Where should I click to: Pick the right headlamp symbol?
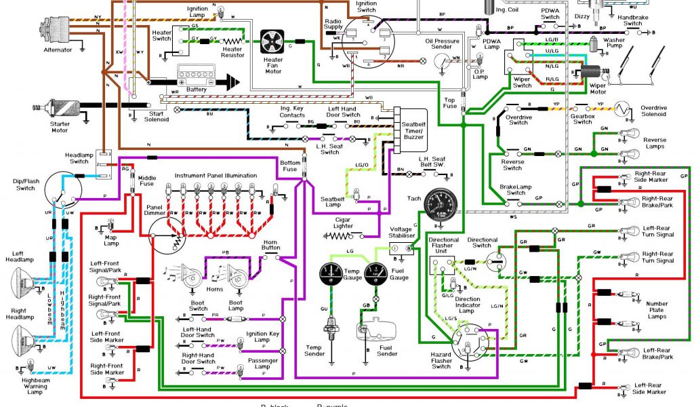pyautogui.click(x=26, y=336)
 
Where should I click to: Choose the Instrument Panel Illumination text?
pyautogui.click(x=216, y=176)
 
